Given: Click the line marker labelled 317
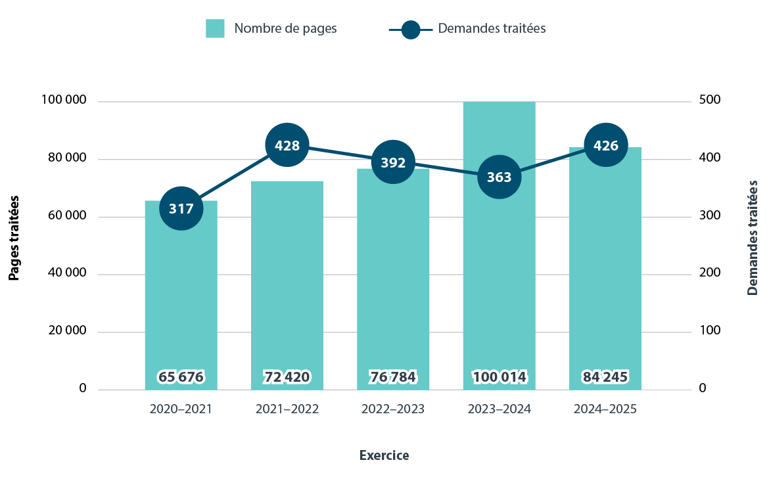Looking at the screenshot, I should pos(181,209).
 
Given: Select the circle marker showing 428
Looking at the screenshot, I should pos(287,145).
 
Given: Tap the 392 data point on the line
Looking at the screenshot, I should pos(393,162).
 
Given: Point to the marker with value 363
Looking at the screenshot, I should pos(499,177).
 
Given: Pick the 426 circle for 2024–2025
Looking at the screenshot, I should pos(605,145).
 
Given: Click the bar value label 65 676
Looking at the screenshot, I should pos(181,377).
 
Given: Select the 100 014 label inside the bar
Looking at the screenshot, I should pos(499,377).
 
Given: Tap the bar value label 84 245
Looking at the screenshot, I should pos(605,377).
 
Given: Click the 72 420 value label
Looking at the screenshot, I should pos(287,377).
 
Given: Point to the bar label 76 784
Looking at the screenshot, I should pos(393,377).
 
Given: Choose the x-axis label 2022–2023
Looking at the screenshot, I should pos(393,409).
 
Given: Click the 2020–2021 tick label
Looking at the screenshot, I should pos(181,409).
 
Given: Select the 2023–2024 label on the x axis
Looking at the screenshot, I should pos(499,409).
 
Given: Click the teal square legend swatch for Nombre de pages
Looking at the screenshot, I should pos(215,28).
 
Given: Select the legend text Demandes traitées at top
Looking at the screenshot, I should pos(492,28).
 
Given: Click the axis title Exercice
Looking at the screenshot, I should pos(384,455).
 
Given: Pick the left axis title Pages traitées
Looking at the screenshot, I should pos(14,238).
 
